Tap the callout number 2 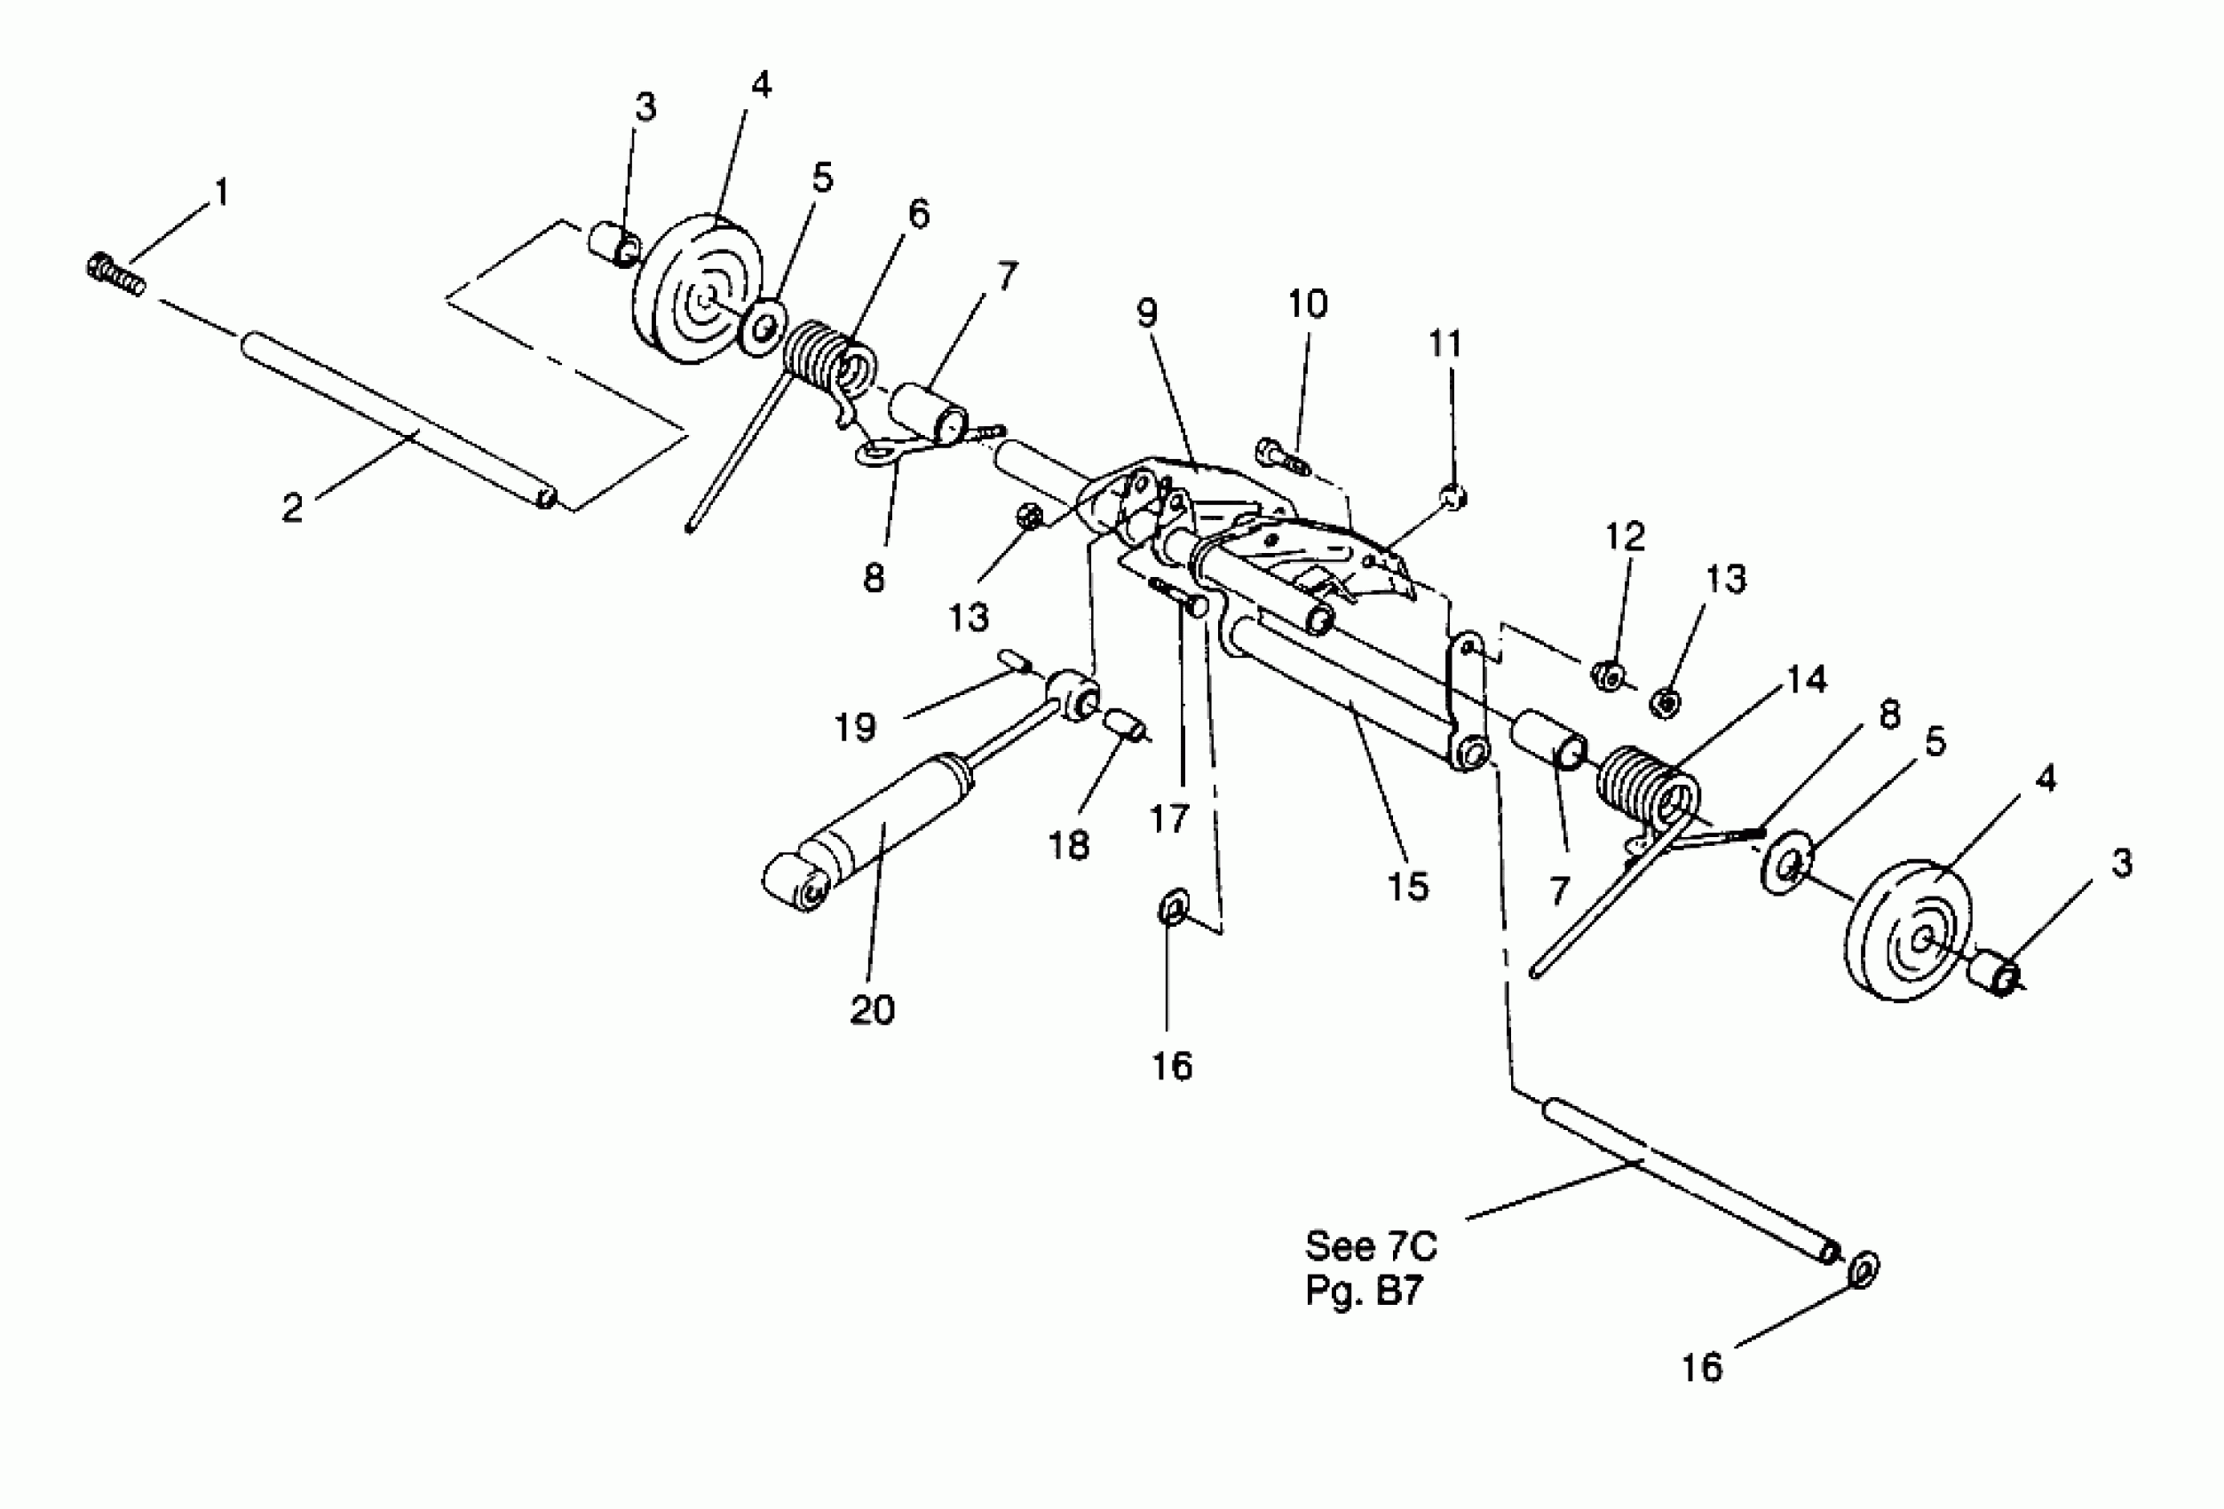click(293, 507)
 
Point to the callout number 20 click(872, 1009)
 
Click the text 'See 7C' click(1371, 1246)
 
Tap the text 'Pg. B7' click(1364, 1291)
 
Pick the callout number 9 click(1146, 313)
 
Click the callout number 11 click(1445, 344)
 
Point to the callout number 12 click(1624, 537)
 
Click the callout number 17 click(1168, 819)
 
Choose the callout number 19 click(855, 728)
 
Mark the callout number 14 click(1807, 679)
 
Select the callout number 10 click(1307, 304)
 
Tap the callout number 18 click(1068, 845)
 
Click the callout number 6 click(918, 214)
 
